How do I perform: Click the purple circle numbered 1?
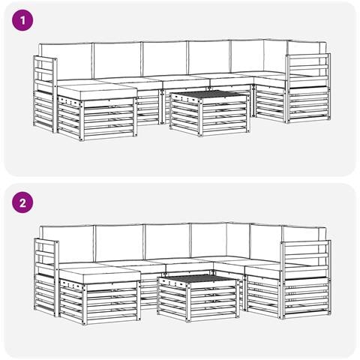tap(22, 20)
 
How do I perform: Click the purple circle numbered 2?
tap(22, 202)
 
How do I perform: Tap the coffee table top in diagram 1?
tap(209, 94)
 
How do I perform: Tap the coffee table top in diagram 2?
tap(197, 278)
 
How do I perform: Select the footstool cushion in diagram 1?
tap(97, 91)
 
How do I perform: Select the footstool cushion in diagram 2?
tap(100, 274)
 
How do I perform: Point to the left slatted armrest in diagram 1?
tap(45, 94)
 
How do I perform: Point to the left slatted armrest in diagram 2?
tap(46, 277)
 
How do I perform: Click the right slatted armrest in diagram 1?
tap(308, 88)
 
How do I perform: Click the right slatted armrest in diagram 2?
tap(305, 280)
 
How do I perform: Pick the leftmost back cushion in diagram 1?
tap(65, 62)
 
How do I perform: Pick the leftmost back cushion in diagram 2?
tap(68, 244)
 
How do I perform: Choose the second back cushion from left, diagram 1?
tap(117, 60)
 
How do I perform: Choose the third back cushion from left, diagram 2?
tap(167, 241)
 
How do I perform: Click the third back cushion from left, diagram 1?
tap(165, 59)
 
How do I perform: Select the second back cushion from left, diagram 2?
tap(119, 243)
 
